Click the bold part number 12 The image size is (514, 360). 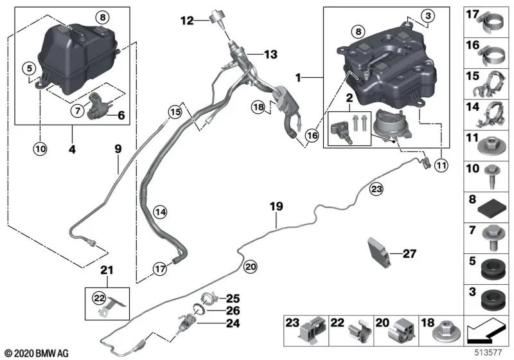point(187,21)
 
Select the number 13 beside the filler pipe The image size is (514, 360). point(270,54)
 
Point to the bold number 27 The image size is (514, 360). point(409,253)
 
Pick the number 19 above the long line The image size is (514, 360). point(276,206)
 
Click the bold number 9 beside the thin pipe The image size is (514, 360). point(118,149)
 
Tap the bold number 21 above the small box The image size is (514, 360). point(107,270)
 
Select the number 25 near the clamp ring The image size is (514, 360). point(233,298)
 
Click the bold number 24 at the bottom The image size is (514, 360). point(233,323)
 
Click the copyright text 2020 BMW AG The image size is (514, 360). point(37,354)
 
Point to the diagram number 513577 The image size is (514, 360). point(488,353)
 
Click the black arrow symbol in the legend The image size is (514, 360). point(486,332)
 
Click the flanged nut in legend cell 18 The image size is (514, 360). point(447,332)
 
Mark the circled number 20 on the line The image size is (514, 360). point(251,267)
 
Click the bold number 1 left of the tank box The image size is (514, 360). point(298,78)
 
